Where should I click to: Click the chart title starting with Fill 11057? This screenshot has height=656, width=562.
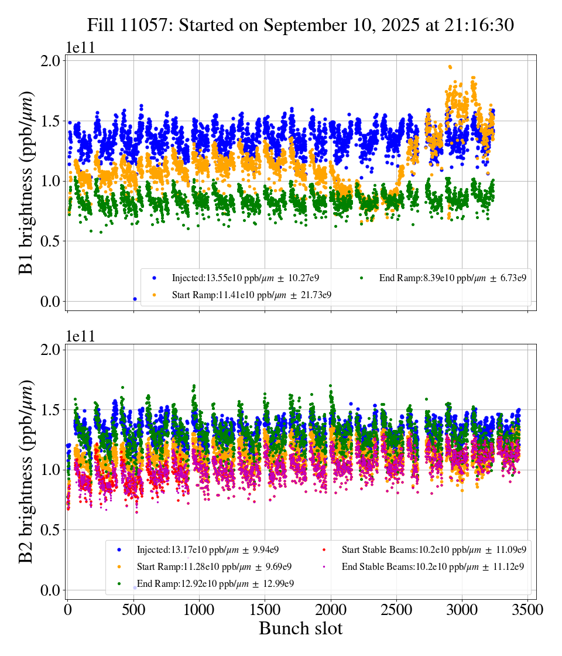(300, 25)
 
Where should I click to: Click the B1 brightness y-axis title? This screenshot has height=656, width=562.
(26, 183)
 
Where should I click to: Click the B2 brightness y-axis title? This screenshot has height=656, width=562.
(26, 471)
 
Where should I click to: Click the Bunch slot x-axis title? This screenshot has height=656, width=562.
(300, 628)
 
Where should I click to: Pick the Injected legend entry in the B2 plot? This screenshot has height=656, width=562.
(211, 549)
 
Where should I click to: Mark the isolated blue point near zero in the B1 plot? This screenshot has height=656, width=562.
(135, 299)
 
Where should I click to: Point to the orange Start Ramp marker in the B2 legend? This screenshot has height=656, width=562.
(119, 566)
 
